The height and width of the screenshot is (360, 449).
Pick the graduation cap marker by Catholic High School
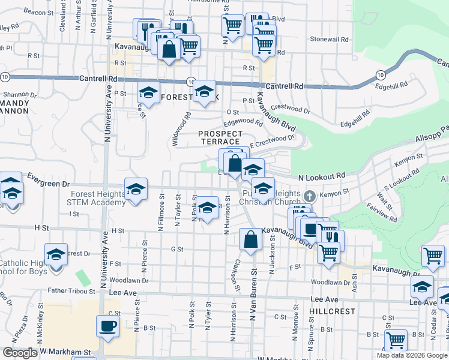click(x=56, y=255)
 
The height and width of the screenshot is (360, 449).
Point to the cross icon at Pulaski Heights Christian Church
click(x=309, y=196)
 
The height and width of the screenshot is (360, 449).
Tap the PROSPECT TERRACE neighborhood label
click(x=221, y=137)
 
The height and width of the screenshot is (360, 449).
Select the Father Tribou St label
click(x=71, y=291)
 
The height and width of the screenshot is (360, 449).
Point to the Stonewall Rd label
click(x=330, y=39)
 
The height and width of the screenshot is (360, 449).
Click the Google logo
click(x=20, y=353)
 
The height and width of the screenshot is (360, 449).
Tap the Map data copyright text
click(x=411, y=355)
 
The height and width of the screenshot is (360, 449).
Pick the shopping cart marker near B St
click(x=396, y=340)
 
